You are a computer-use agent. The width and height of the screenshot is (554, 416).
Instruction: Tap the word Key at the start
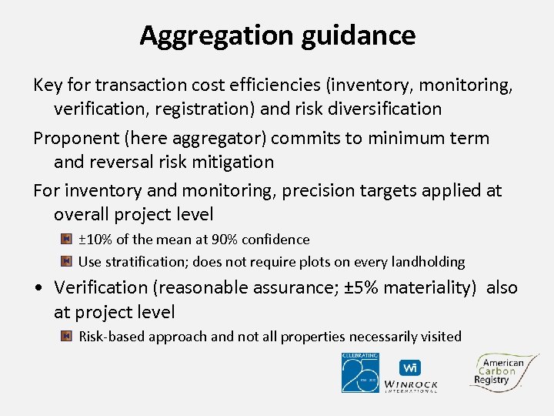click(48, 85)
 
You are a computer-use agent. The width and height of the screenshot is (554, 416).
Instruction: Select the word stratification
click(144, 262)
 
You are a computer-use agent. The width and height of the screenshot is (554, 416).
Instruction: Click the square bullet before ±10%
click(66, 240)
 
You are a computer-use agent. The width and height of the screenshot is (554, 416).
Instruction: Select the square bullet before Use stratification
click(66, 262)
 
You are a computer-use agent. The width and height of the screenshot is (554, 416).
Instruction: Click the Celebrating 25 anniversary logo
click(360, 372)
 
